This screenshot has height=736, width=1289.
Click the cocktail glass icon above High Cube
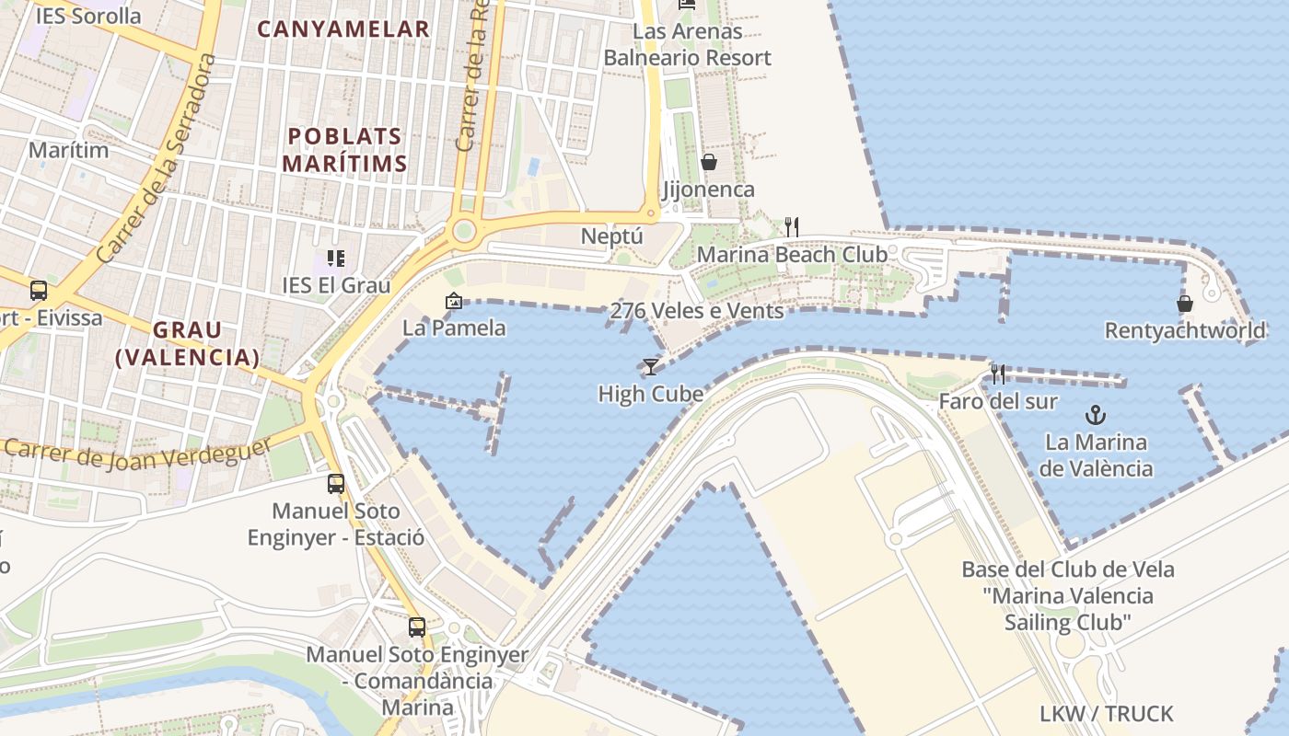651,367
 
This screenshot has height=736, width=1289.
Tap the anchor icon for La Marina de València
1096,414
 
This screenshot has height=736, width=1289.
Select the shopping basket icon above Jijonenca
709,163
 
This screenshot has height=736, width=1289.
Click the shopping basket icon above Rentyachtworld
1185,304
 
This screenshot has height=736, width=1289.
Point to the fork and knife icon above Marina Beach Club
791,226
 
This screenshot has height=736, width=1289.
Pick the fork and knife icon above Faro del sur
997,374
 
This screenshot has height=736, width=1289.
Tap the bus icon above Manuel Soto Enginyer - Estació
336,483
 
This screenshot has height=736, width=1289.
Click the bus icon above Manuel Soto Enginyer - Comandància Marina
417,627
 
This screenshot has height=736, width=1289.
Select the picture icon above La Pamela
453,301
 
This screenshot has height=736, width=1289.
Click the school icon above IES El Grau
335,259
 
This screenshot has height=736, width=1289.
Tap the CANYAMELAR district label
343,29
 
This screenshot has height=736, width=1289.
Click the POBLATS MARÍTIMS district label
344,150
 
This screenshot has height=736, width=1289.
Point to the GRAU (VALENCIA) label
188,343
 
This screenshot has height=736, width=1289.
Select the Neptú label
611,236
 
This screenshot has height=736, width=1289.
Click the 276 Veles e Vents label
697,311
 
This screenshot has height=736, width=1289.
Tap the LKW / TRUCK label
1106,714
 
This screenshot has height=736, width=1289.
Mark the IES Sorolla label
88,16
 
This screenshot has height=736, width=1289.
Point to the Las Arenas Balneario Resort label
687,44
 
